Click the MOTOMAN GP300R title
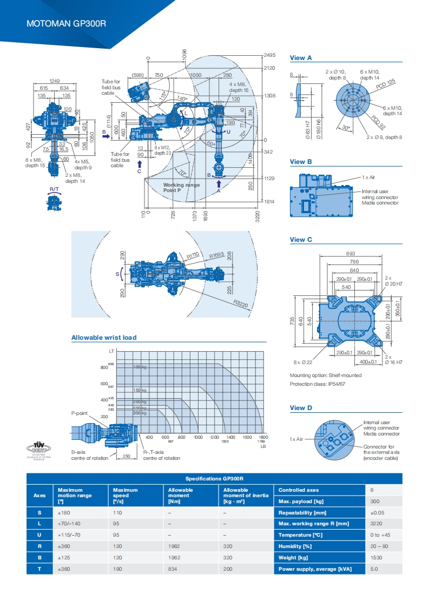coord(67,24)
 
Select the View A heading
coord(301,58)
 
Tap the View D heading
coord(301,408)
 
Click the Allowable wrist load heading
coord(104,338)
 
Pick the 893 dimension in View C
coord(351,253)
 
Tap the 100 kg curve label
coord(140,367)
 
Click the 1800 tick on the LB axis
coord(263,437)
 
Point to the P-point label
coord(80,413)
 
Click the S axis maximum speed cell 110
coord(117,512)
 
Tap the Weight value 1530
coord(377,557)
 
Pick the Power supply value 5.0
coord(374,569)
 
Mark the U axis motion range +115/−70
coord(68,535)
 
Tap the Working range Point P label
coord(181,188)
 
